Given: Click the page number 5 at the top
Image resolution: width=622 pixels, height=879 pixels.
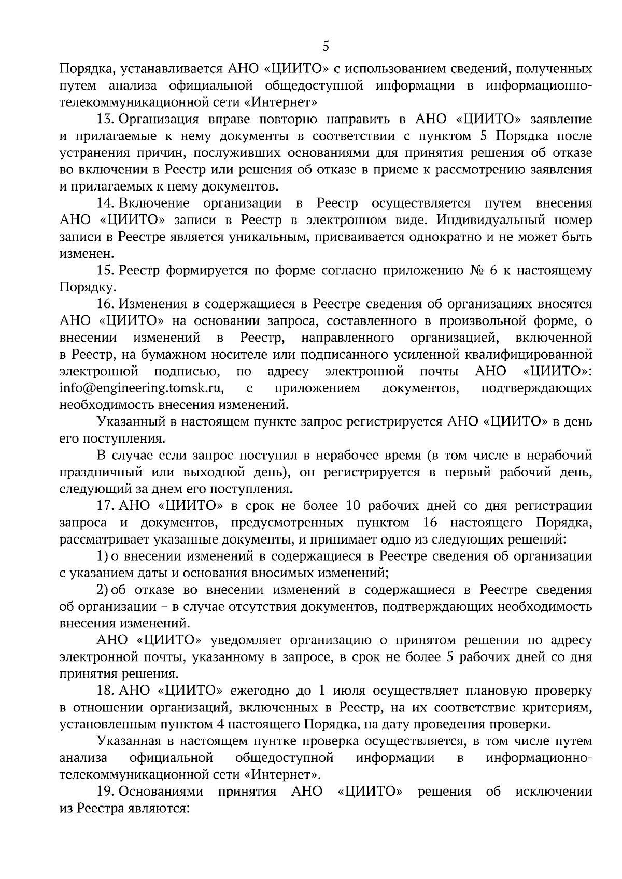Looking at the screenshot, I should point(326,46).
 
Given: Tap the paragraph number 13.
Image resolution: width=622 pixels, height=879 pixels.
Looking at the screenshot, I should point(105,119).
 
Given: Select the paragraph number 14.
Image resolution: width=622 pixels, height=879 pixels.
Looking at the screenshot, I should point(105,203).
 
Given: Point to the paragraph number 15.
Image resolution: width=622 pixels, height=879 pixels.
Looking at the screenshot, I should point(105,270).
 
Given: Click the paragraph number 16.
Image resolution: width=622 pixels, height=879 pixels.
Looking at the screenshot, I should point(105,304).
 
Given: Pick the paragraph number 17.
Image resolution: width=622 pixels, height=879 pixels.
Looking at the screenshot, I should point(105,505).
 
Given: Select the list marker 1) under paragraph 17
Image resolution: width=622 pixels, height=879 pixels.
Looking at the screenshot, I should point(102,556).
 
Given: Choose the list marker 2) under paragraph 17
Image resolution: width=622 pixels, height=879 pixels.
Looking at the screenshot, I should point(102,590).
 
